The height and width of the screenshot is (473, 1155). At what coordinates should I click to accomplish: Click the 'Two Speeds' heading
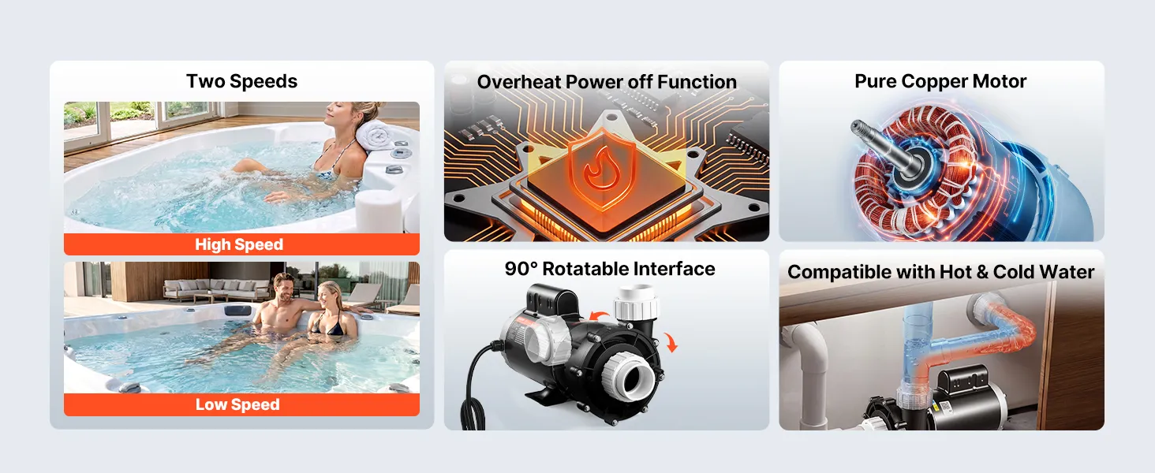coord(242,81)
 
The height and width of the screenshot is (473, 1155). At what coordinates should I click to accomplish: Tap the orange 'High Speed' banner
coord(242,244)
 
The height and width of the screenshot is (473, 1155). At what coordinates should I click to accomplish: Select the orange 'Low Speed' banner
coord(242,404)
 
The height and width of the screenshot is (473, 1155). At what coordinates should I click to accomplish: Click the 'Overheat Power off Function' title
coord(607,82)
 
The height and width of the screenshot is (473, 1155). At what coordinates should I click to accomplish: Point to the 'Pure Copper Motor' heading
coord(940,81)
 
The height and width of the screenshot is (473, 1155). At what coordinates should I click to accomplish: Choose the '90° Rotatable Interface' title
coord(610,269)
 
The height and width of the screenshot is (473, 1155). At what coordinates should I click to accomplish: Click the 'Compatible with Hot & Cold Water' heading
coord(940,272)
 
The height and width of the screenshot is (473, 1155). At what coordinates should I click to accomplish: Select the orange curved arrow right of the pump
coord(671,342)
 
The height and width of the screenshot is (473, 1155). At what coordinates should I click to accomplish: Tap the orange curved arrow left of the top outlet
coord(598,315)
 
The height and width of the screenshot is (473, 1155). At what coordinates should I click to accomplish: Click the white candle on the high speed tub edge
coord(379,210)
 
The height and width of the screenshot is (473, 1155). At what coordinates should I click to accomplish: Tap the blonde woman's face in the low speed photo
coord(327,296)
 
